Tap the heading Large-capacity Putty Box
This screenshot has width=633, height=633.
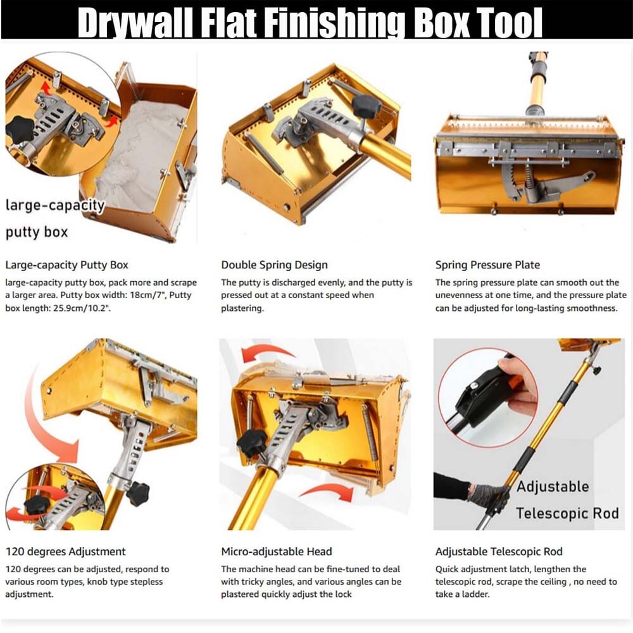pos(66,265)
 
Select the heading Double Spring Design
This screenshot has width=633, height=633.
pos(275,265)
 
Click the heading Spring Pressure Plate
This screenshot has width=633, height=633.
pos(487,265)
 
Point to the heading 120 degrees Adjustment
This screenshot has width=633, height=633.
pos(65,551)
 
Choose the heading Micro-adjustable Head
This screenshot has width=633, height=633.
pos(277,551)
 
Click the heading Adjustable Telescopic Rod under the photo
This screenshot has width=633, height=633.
pos(499,551)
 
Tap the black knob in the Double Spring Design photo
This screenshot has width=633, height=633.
pos(366,106)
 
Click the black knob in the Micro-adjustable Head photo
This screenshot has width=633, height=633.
pos(251,443)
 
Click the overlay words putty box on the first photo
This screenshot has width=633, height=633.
pos(37,232)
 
